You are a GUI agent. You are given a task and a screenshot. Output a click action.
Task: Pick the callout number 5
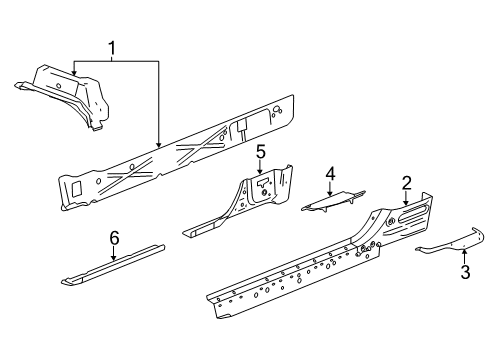[x=259, y=152]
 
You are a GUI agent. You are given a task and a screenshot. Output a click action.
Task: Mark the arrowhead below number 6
[x=114, y=259]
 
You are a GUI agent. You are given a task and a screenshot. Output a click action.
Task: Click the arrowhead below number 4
[x=330, y=195]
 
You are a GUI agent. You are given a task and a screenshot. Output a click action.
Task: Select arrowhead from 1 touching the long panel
[x=160, y=149]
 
